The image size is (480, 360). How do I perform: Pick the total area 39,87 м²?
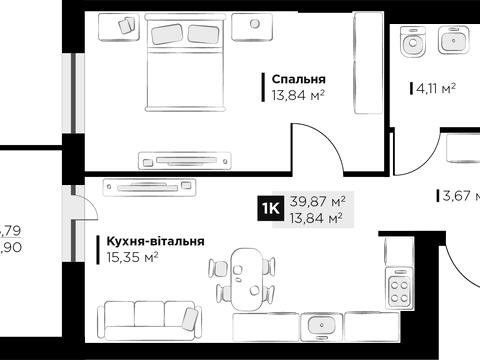tap(317, 200)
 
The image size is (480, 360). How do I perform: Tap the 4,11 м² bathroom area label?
tap(434, 89)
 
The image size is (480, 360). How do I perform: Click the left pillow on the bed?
tap(164, 33)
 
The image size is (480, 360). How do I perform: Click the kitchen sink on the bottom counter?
tap(321, 326)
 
